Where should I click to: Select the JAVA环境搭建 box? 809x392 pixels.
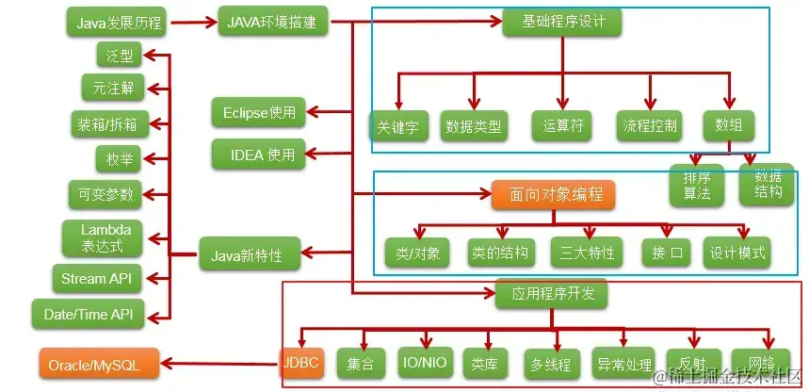pyautogui.click(x=273, y=21)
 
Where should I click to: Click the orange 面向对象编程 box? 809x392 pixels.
pyautogui.click(x=553, y=195)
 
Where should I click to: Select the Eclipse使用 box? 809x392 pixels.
pyautogui.click(x=259, y=113)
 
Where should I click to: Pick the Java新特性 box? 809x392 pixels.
pyautogui.click(x=248, y=253)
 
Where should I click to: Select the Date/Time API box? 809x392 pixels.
pyautogui.click(x=89, y=313)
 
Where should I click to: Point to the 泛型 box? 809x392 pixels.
pyautogui.click(x=120, y=56)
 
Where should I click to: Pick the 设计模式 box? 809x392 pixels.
pyautogui.click(x=738, y=253)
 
